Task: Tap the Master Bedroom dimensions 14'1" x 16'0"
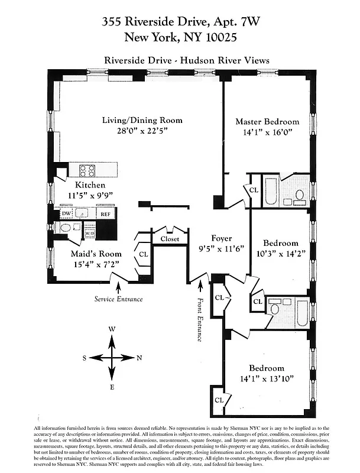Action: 267,133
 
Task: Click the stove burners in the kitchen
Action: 87,171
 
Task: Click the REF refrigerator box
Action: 105,215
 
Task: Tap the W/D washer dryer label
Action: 90,234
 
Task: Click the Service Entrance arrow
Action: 118,288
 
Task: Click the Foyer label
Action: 222,239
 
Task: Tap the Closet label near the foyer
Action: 170,239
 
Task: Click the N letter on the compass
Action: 140,358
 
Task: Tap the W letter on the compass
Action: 112,329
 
